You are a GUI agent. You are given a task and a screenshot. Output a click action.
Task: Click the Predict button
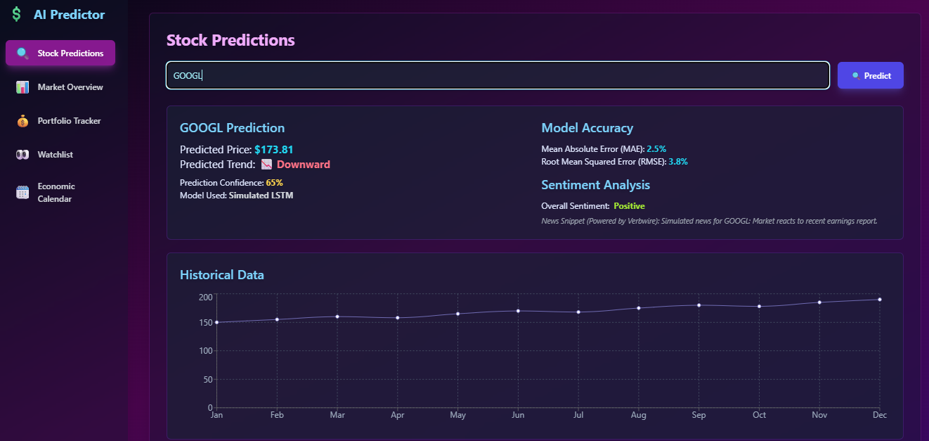point(870,75)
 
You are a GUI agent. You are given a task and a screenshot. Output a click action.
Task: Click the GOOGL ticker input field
point(497,75)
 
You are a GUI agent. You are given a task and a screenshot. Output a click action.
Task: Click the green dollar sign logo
point(16,15)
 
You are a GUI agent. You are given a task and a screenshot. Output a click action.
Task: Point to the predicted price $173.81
point(273,150)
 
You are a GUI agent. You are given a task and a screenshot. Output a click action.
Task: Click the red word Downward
point(303,165)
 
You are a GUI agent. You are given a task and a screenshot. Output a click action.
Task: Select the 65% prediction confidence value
point(274,183)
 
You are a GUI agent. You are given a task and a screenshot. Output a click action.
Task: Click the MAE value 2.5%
point(656,149)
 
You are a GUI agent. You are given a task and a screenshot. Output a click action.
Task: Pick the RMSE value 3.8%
point(677,162)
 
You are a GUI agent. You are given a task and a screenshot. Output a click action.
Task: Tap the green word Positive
point(629,206)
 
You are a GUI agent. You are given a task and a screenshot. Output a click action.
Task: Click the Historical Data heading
point(221,275)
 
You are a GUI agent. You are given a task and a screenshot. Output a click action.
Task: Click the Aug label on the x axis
point(638,415)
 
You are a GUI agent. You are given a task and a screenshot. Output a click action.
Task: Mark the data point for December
point(879,300)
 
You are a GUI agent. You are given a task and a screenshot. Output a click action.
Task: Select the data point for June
point(518,311)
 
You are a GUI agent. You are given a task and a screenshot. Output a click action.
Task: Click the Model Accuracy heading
point(587,128)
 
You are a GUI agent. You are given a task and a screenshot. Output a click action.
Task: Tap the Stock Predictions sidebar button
point(60,53)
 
